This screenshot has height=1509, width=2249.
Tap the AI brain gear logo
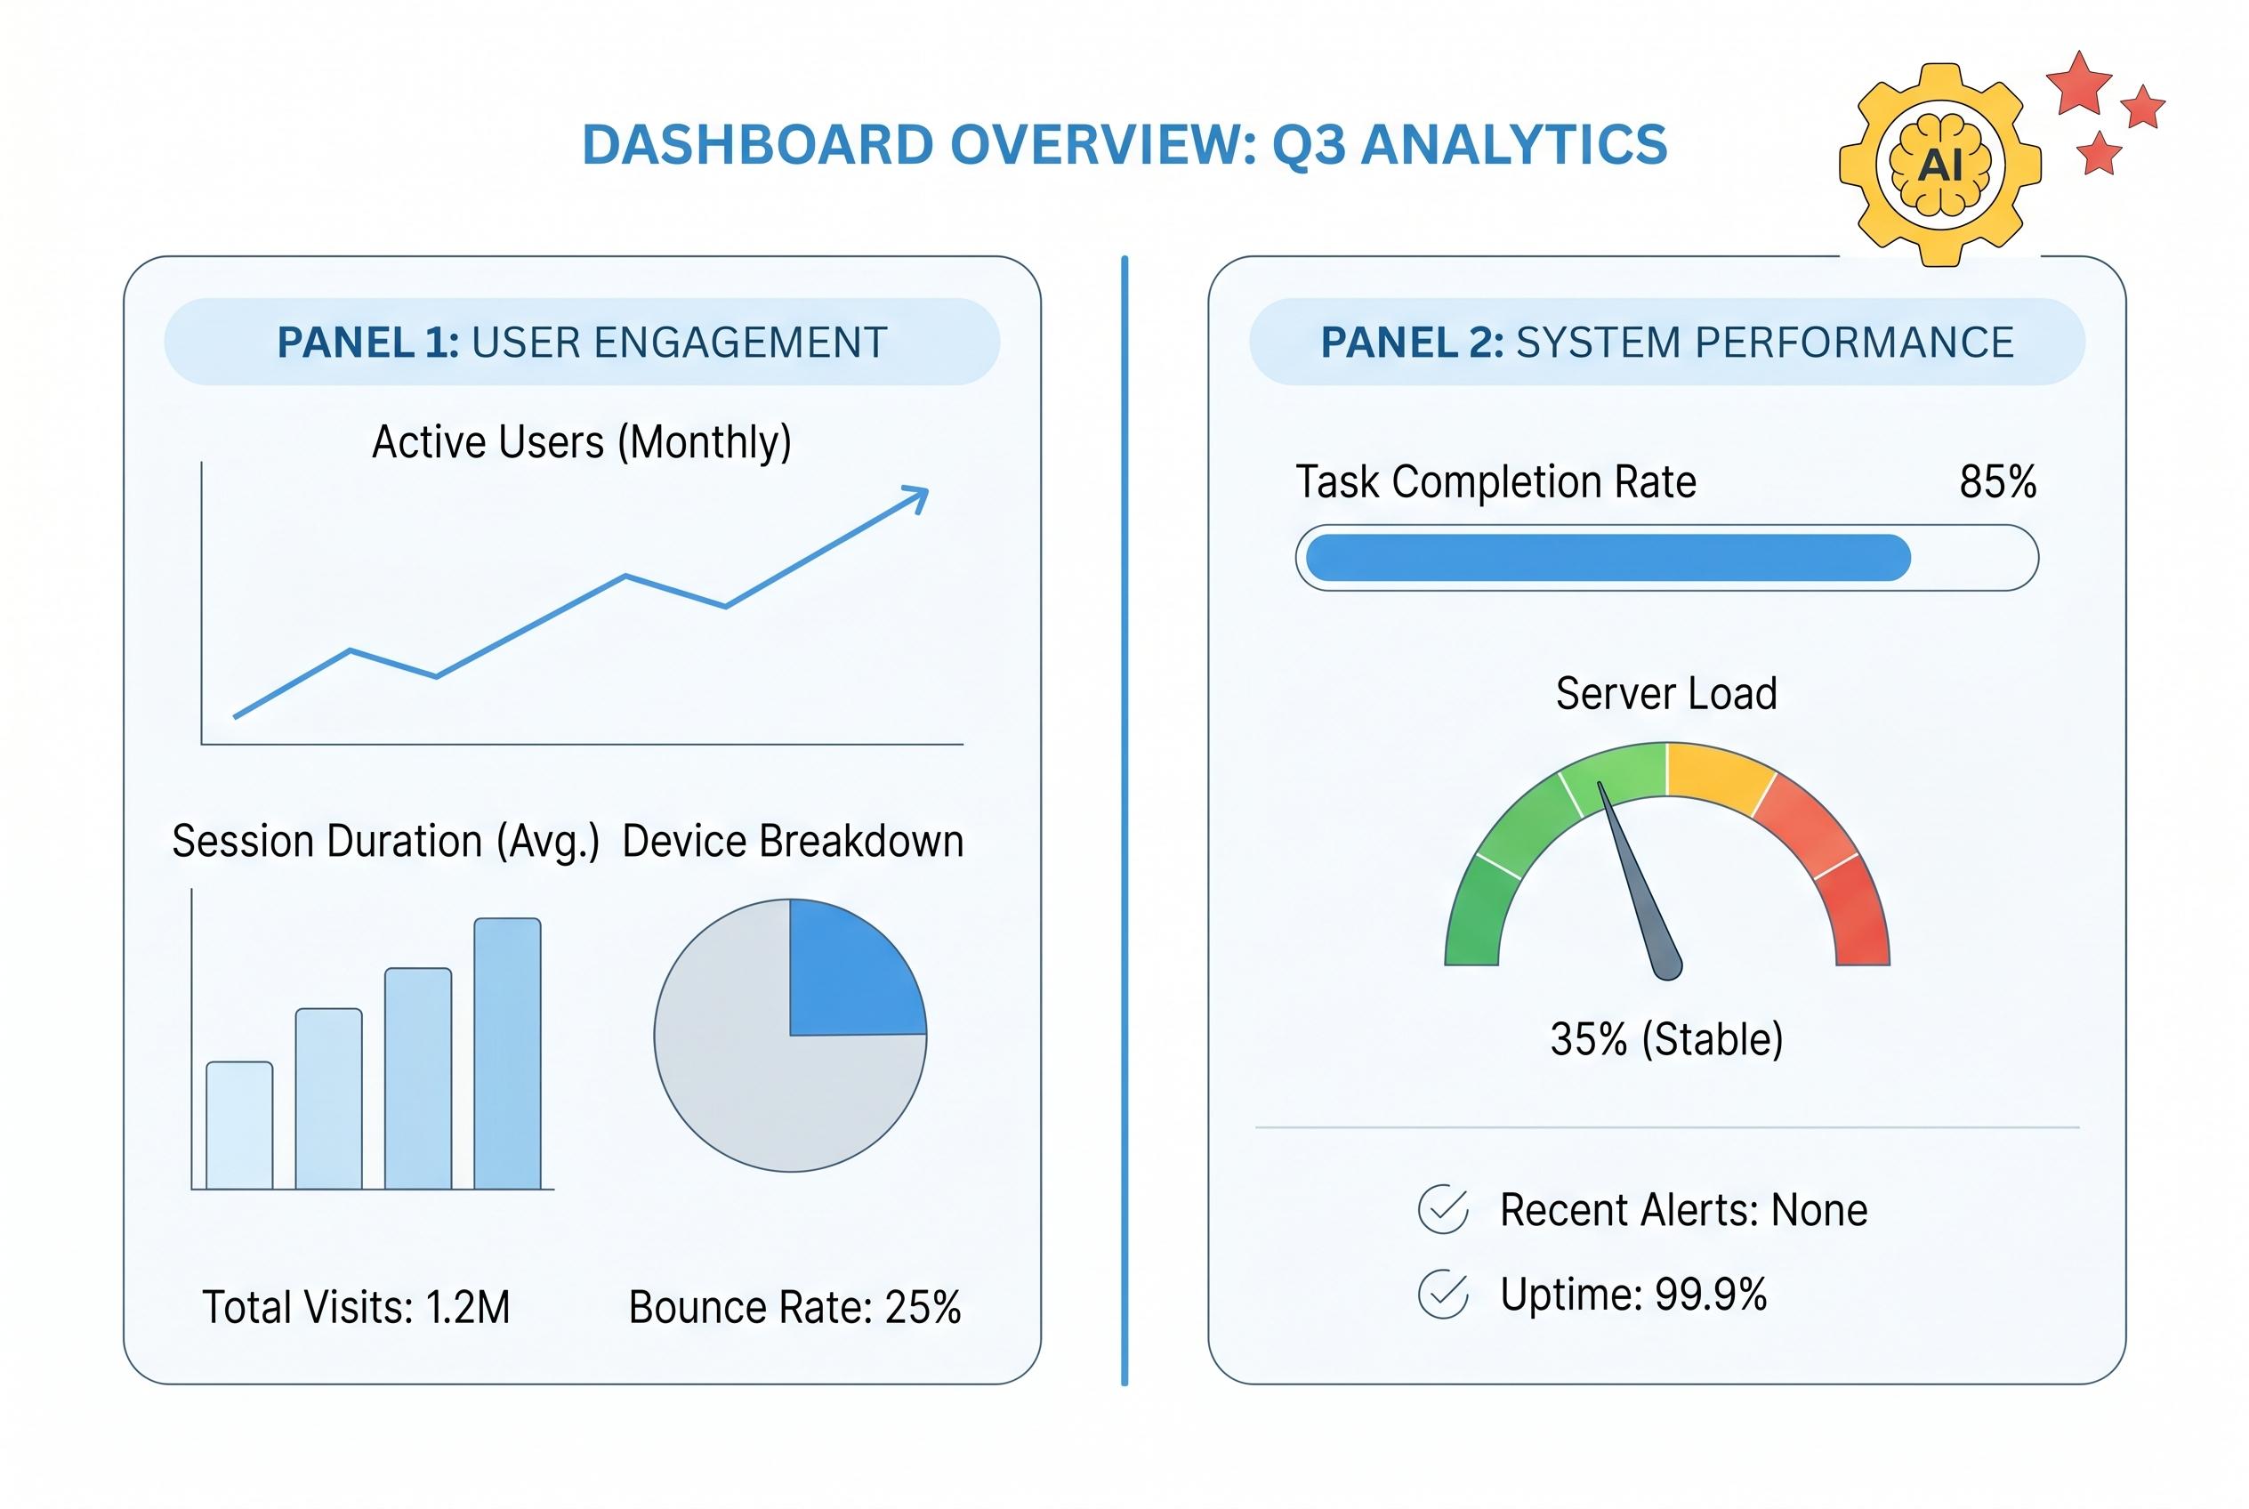pyautogui.click(x=1939, y=165)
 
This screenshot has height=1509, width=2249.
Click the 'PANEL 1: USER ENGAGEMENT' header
pyautogui.click(x=581, y=343)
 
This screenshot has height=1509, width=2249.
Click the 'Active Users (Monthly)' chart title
pyautogui.click(x=581, y=443)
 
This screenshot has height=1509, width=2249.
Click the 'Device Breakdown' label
pyautogui.click(x=792, y=841)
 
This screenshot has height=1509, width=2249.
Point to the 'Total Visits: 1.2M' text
pyautogui.click(x=356, y=1308)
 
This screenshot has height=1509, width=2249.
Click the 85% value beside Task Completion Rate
pyautogui.click(x=1997, y=482)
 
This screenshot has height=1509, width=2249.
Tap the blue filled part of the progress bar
pyautogui.click(x=1607, y=558)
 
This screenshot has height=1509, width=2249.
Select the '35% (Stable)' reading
pyautogui.click(x=1665, y=1039)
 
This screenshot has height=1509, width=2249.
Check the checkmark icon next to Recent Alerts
pyautogui.click(x=1443, y=1210)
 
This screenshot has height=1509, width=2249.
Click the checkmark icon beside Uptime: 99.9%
pyautogui.click(x=1443, y=1295)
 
